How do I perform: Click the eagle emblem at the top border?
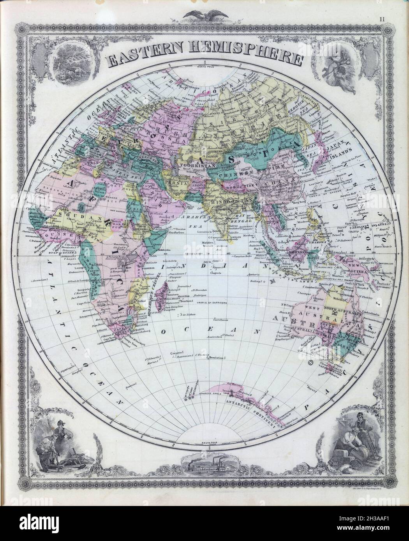[x=204, y=16]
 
